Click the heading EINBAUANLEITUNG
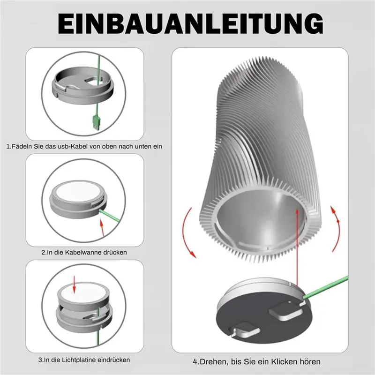point(187,22)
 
